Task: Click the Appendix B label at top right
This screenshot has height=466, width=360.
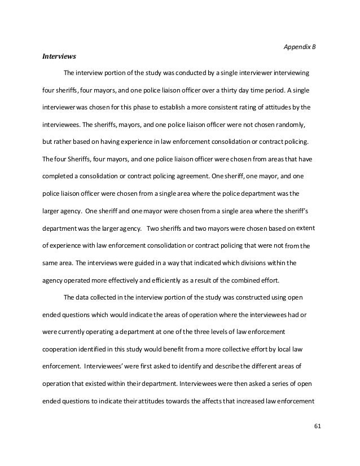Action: tap(299, 46)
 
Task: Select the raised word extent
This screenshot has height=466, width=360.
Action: tap(306, 228)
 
